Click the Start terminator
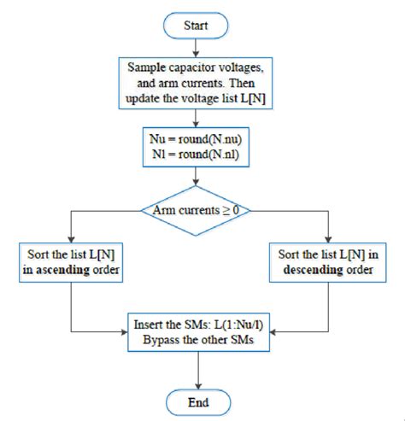197,26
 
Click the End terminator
197,400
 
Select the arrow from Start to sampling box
197,47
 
